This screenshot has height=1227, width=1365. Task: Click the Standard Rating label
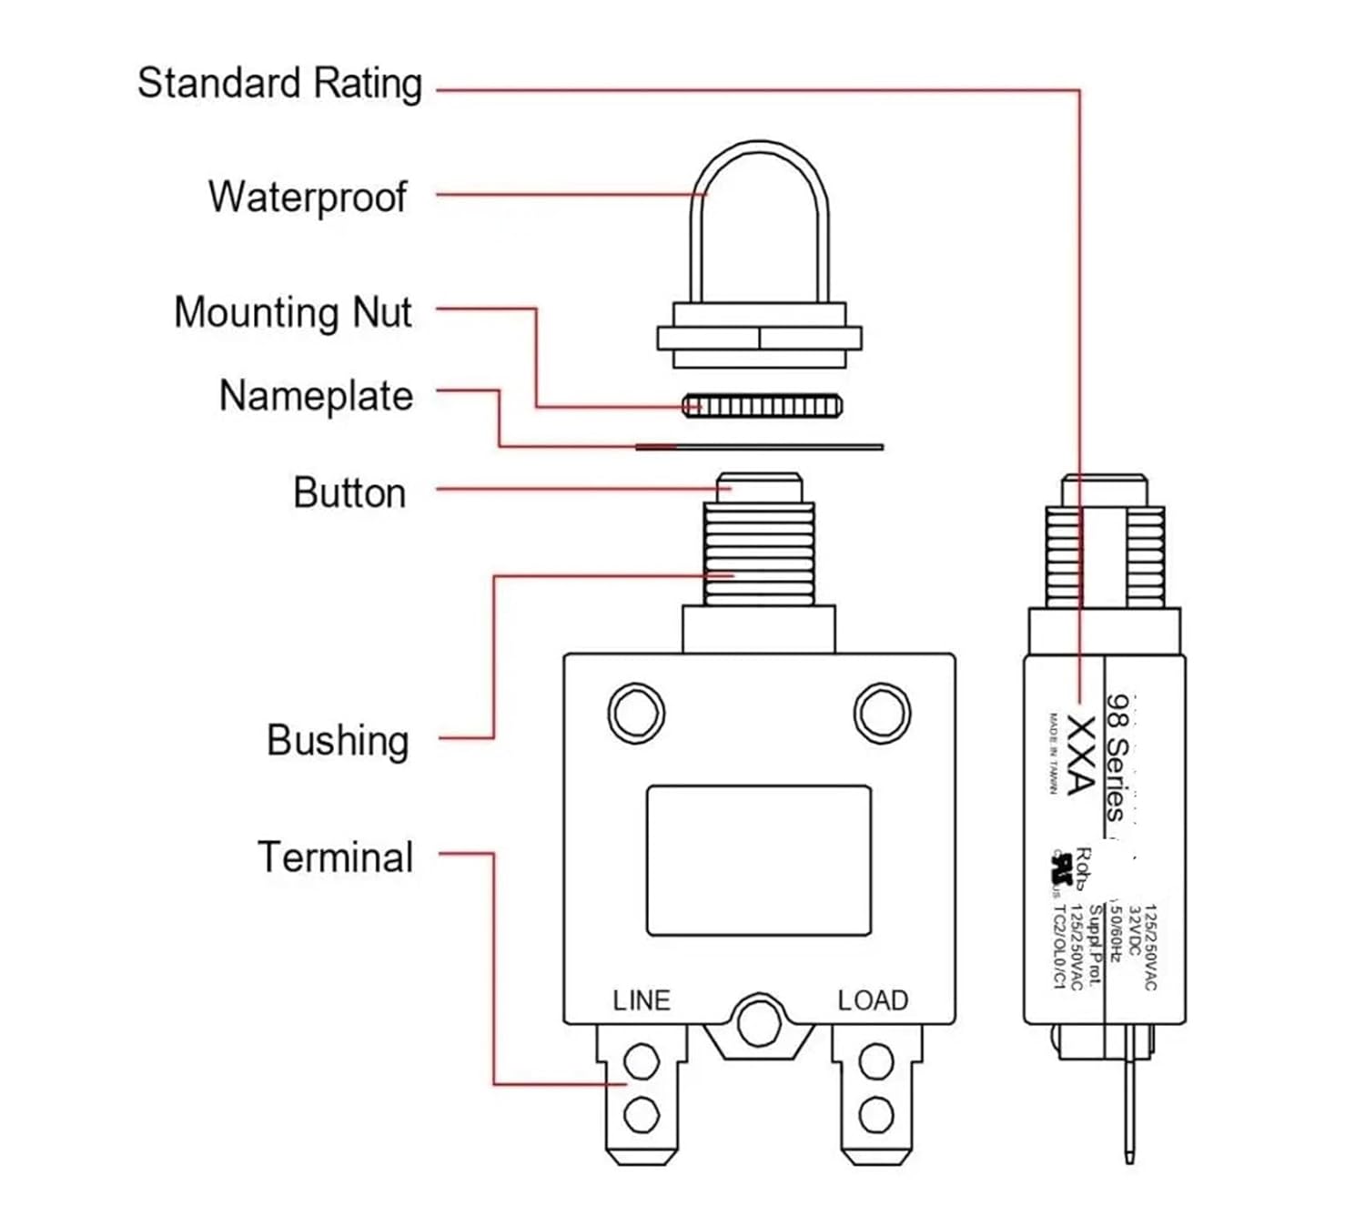pos(279,84)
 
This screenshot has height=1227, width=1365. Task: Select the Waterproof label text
pos(308,198)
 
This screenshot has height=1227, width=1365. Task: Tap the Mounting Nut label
pos(292,313)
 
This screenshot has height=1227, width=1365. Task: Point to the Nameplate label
pos(316,397)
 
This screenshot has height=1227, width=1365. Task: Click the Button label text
pos(349,493)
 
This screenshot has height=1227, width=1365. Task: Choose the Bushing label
pos(338,740)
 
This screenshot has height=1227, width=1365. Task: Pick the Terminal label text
pos(336,857)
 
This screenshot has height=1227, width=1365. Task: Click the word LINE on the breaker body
pos(642,1000)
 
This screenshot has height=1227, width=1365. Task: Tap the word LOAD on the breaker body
pos(873,1000)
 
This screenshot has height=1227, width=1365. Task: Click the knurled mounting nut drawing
pos(762,405)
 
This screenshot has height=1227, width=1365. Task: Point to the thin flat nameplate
pos(759,447)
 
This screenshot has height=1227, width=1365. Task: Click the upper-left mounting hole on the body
pos(636,713)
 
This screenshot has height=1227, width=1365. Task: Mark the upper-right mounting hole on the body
pos(881,713)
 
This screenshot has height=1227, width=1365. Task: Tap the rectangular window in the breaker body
pos(759,860)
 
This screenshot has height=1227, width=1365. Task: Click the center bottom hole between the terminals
pos(760,1024)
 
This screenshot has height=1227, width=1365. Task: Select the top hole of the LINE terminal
pos(642,1061)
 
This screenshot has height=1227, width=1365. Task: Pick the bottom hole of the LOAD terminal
pos(876,1113)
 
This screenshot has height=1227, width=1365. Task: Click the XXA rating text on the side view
pos(1080,755)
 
